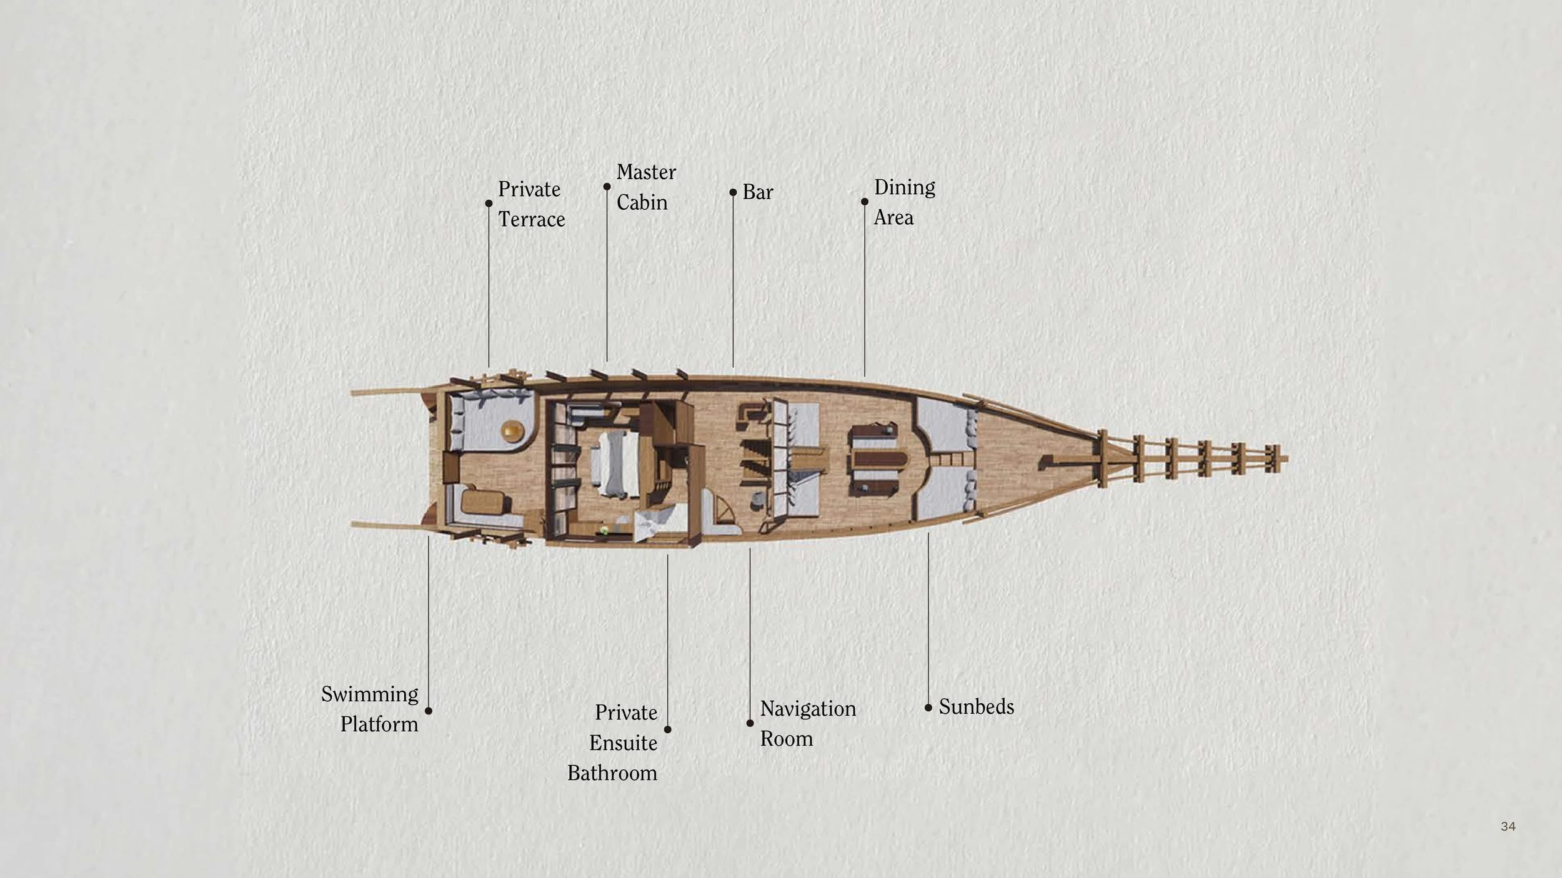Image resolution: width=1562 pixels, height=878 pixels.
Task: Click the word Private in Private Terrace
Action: (529, 189)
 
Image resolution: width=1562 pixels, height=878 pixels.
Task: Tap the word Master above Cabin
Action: (646, 172)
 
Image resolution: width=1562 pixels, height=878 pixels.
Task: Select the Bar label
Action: (757, 192)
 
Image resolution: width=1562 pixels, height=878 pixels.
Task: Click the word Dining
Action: (904, 187)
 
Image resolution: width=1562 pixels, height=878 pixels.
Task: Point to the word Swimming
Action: (369, 694)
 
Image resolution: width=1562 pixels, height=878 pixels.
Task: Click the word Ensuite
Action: (623, 743)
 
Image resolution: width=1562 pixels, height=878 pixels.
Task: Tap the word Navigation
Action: (807, 709)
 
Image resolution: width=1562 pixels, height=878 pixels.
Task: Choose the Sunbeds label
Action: (976, 707)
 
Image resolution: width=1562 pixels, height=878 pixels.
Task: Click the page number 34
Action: (1508, 826)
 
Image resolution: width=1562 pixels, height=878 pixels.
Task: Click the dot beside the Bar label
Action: (733, 192)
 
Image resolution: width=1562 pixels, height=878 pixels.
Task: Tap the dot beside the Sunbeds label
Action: (928, 708)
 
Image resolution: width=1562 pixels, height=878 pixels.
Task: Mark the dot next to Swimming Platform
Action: (428, 711)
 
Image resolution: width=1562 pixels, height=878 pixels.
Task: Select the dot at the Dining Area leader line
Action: (864, 202)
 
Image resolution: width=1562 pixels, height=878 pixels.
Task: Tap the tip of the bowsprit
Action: (1286, 460)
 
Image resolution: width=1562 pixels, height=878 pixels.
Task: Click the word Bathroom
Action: (612, 773)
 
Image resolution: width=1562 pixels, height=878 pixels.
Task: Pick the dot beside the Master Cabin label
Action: (607, 187)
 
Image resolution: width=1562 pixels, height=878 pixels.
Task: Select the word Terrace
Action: (531, 220)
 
